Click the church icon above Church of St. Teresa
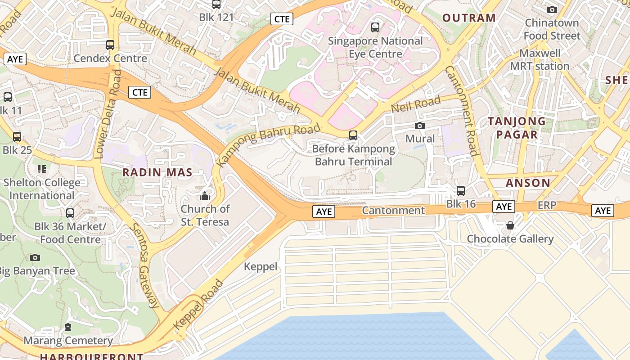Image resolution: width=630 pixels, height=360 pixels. (x=205, y=196)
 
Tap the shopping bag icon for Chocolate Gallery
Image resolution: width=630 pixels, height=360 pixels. (x=510, y=225)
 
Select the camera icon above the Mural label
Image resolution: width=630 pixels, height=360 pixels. (x=420, y=126)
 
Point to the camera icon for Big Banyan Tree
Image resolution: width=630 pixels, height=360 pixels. (x=35, y=257)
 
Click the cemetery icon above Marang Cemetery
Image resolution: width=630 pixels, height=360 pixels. (x=68, y=327)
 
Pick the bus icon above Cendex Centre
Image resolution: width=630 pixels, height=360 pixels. (x=110, y=45)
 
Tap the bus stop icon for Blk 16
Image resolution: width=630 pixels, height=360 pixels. (x=461, y=191)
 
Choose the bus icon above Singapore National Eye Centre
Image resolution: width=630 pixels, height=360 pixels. (x=375, y=27)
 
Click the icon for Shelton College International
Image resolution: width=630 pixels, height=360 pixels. (x=42, y=169)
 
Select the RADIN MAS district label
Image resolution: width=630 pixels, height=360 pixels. (x=157, y=172)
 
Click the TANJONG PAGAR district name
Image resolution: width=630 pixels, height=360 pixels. (x=517, y=128)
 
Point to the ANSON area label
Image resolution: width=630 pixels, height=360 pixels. (x=528, y=183)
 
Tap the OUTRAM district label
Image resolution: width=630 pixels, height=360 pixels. (x=469, y=18)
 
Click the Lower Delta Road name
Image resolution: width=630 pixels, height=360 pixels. (x=107, y=115)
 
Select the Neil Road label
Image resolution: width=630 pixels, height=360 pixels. (x=415, y=104)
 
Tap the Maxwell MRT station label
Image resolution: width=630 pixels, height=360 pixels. (x=540, y=60)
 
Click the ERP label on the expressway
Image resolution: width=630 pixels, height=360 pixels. (x=547, y=206)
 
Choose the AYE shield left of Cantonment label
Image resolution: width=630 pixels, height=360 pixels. (x=324, y=211)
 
